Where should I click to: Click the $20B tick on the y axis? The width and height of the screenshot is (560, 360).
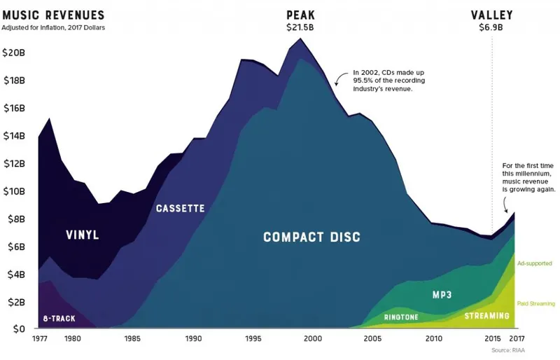pos(14,53)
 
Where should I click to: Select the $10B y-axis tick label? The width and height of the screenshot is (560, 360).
pos(14,191)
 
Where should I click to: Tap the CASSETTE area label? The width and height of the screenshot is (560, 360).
pos(180,209)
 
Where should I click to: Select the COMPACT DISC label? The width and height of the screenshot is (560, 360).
pos(311,237)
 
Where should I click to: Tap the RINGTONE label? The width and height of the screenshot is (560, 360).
pos(402,317)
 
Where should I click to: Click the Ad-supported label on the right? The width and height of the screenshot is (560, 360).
pos(535,263)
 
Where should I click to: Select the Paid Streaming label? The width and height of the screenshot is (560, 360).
pos(536,303)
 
